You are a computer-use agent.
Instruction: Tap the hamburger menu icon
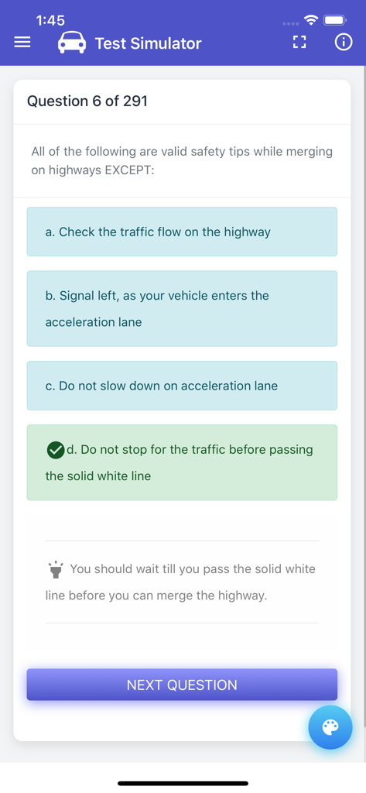pos(22,43)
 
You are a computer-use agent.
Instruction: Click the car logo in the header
pos(72,43)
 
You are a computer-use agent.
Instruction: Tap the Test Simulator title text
pos(148,43)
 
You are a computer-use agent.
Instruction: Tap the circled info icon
pos(343,43)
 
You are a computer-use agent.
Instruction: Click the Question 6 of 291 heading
pos(87,101)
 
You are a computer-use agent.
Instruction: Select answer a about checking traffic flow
pos(182,232)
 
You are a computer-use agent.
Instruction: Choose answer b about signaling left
pos(182,308)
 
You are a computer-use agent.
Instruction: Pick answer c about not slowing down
pos(182,386)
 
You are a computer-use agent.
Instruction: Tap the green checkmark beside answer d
pos(56,450)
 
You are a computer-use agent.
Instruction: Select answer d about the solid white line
pos(190,462)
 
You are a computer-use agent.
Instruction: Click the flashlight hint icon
pos(56,570)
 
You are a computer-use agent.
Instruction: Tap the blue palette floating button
pos(330,727)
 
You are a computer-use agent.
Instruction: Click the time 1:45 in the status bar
pos(50,20)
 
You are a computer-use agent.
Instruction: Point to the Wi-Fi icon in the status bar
pos(311,19)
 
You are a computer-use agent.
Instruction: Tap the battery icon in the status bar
pos(334,19)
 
